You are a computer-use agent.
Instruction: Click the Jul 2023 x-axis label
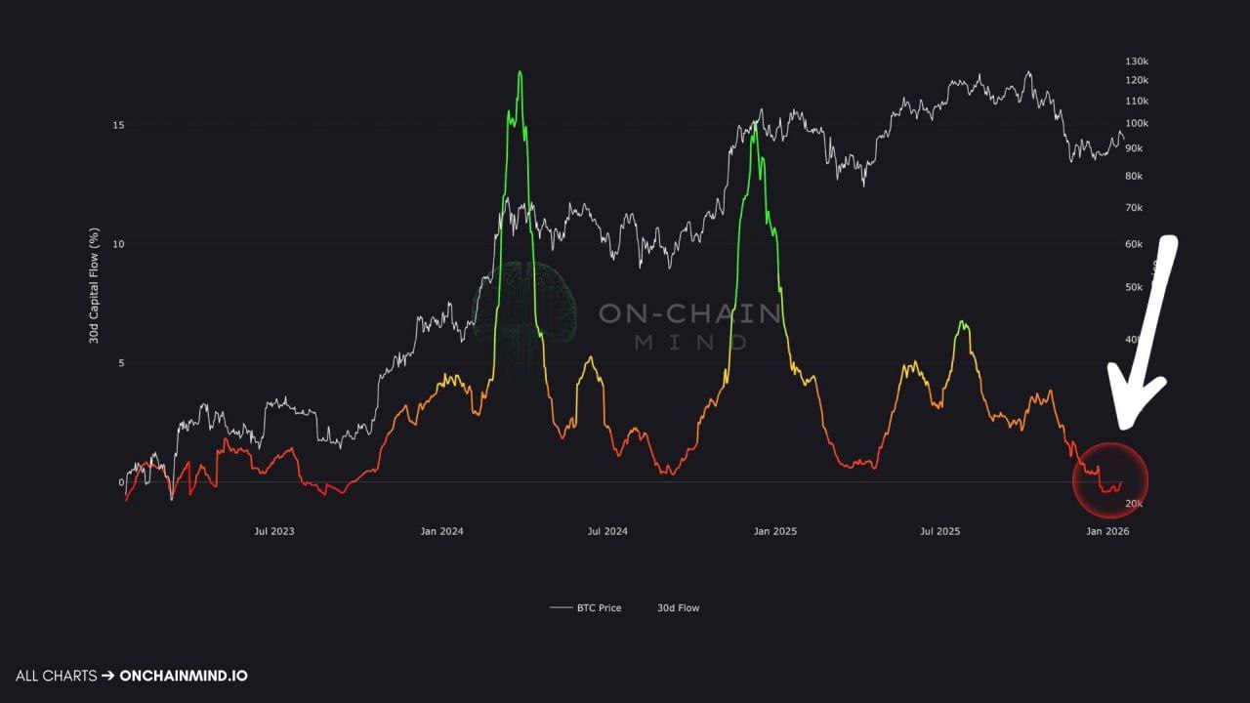click(274, 531)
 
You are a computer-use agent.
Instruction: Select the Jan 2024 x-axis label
click(442, 531)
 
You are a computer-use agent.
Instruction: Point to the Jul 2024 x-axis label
click(607, 531)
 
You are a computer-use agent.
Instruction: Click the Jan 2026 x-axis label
click(1107, 531)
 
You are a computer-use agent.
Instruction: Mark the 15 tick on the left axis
click(118, 125)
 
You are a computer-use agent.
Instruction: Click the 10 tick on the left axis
click(118, 244)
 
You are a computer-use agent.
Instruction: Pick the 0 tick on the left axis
click(122, 482)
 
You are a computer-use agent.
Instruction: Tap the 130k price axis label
click(1137, 60)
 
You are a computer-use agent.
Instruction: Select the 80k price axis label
click(1134, 176)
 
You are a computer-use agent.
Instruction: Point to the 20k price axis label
click(1134, 503)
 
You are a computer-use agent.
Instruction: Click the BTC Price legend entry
click(585, 607)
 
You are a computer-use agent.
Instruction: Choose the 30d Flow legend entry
click(678, 607)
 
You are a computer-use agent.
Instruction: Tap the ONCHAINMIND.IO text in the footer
click(183, 676)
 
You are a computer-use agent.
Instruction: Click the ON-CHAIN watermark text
click(689, 313)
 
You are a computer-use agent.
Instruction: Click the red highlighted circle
click(1110, 479)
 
